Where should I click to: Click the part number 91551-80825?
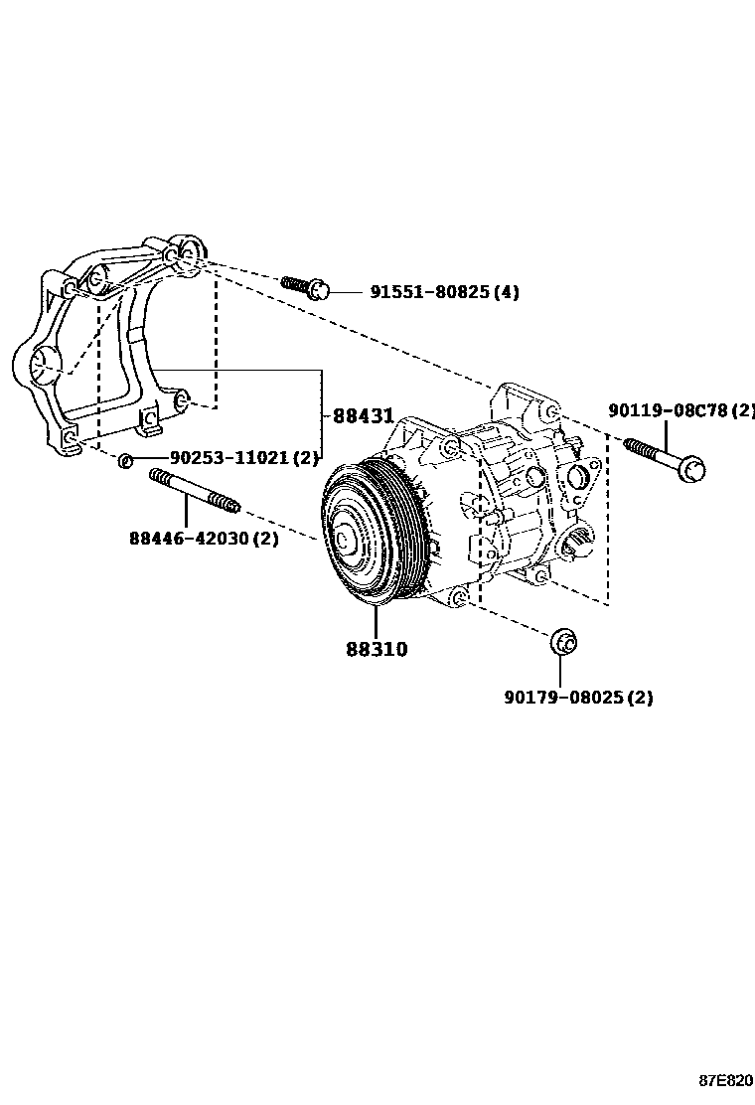pyautogui.click(x=431, y=292)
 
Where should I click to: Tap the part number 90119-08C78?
pyautogui.click(x=671, y=410)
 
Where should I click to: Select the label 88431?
pyautogui.click(x=363, y=416)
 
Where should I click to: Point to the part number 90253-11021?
pyautogui.click(x=229, y=458)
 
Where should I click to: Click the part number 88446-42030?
pyautogui.click(x=189, y=539)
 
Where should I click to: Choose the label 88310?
pyautogui.click(x=377, y=650)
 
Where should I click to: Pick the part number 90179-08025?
pyautogui.click(x=564, y=698)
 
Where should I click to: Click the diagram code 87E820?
pyautogui.click(x=724, y=1080)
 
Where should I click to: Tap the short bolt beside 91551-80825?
pyautogui.click(x=303, y=286)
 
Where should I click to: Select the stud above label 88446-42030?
pyautogui.click(x=194, y=492)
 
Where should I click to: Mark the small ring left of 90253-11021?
pyautogui.click(x=125, y=460)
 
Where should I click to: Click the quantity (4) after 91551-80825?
pyautogui.click(x=506, y=292)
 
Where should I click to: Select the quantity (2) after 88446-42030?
pyautogui.click(x=264, y=539)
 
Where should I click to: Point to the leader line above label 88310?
pyautogui.click(x=377, y=621)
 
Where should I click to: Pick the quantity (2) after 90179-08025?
pyautogui.click(x=640, y=698)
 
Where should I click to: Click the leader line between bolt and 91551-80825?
pyautogui.click(x=346, y=292)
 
